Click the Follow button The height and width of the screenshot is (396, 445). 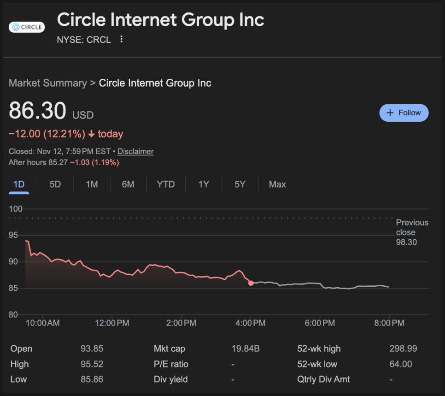tap(404, 113)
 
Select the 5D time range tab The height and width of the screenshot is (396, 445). tap(55, 184)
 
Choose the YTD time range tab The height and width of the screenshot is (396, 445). tap(166, 184)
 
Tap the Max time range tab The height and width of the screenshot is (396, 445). tap(277, 184)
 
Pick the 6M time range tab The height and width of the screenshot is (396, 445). tap(128, 184)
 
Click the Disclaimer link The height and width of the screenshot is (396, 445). tap(135, 151)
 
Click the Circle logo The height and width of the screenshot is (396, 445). tap(27, 27)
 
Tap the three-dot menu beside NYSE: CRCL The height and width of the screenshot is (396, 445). tap(121, 40)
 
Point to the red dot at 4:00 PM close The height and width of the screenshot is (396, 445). tap(251, 283)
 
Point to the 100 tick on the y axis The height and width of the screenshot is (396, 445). tap(16, 209)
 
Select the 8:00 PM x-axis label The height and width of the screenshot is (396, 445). tap(389, 323)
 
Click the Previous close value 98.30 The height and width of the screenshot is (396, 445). tap(406, 242)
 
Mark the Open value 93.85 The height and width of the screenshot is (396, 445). tap(92, 349)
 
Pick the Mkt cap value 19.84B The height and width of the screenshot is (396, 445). tap(246, 349)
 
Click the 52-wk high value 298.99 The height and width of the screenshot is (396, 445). tap(403, 349)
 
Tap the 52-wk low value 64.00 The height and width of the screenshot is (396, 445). tap(400, 364)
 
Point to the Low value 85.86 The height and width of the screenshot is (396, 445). tap(92, 379)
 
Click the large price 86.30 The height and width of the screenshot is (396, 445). tap(38, 111)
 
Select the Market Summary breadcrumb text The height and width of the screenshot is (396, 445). tap(47, 83)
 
